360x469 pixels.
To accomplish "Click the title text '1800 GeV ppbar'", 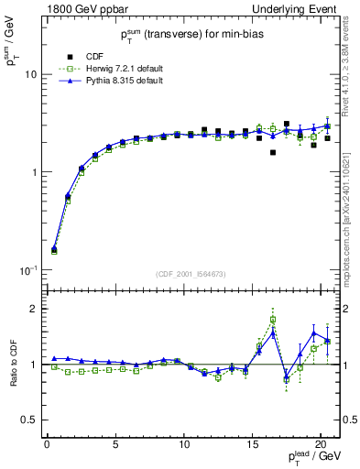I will point(80,9).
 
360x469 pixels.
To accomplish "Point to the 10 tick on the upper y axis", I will point(29,74).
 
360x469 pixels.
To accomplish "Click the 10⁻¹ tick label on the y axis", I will point(27,271).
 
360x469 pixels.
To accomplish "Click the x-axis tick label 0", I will point(47,445).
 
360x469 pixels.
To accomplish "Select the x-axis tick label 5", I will point(115,445).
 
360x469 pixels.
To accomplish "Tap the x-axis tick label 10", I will point(184,445).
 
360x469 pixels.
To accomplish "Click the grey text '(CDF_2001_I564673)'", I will point(187,274).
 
